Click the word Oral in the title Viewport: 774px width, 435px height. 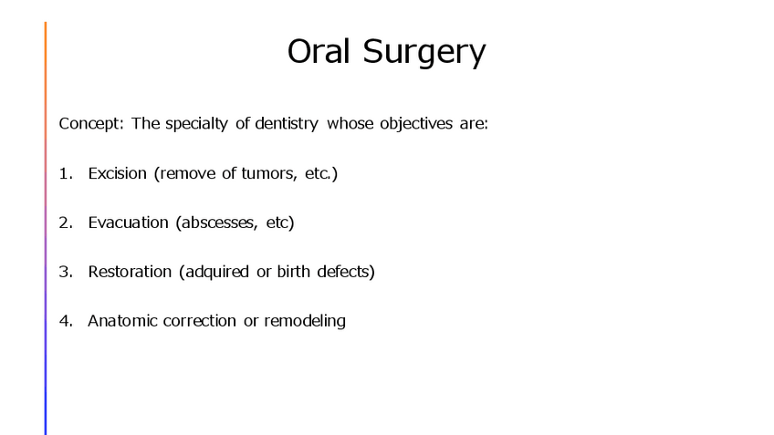(319, 51)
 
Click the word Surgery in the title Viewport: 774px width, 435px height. (424, 53)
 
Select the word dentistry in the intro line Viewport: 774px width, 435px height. (287, 123)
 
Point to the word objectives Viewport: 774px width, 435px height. (416, 123)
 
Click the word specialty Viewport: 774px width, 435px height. (196, 123)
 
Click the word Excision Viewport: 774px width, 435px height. (118, 173)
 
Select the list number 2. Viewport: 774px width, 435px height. (66, 223)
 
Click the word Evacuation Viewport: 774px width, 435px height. (129, 223)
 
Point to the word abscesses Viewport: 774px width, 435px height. (220, 223)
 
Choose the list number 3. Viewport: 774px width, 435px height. (66, 272)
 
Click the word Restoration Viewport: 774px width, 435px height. (130, 272)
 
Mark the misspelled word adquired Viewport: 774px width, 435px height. (216, 273)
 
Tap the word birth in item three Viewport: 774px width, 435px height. (293, 271)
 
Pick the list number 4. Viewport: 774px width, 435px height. (66, 321)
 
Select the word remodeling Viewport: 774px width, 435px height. (305, 322)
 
